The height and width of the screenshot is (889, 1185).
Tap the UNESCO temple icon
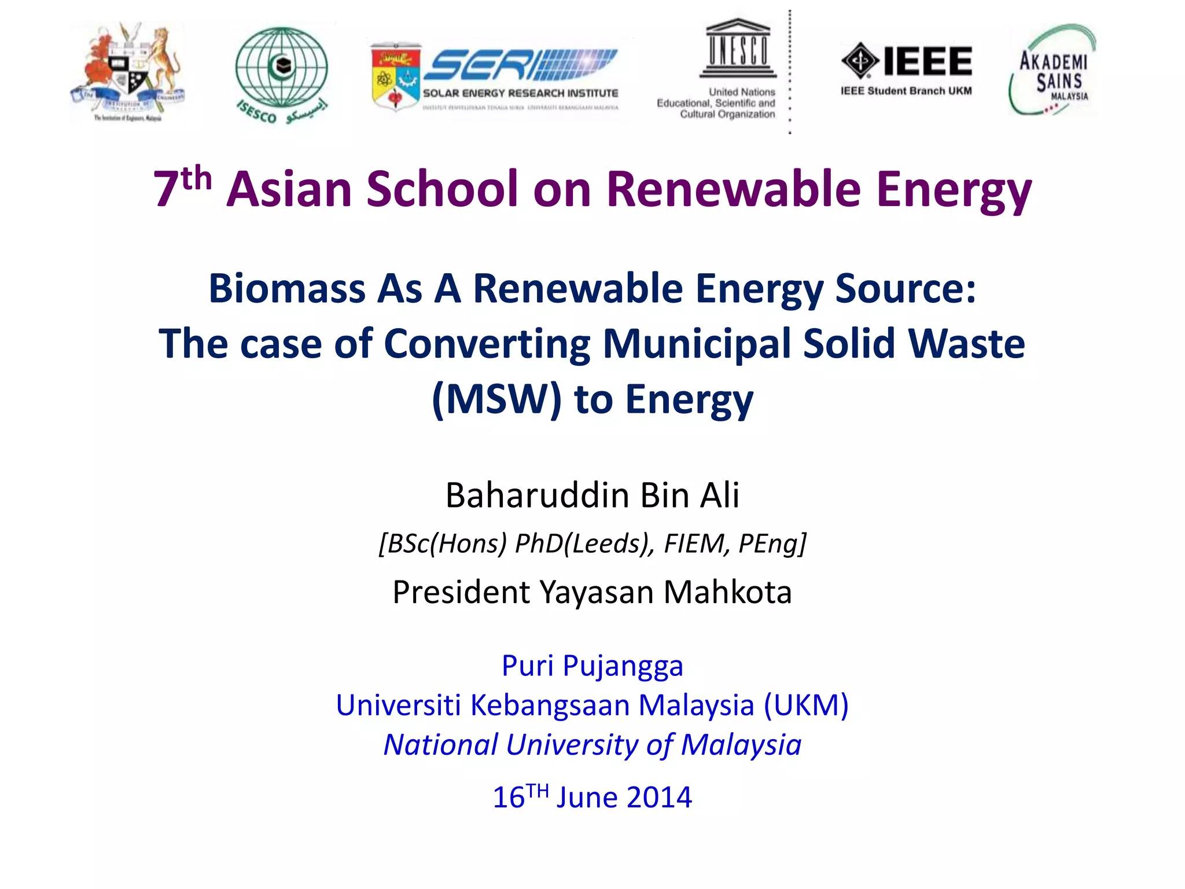738,49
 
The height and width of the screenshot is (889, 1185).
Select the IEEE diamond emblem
860,61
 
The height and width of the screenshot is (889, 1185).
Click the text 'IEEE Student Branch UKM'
906,91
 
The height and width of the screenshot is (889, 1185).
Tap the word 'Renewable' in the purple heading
733,189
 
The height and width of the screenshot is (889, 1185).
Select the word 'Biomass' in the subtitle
286,288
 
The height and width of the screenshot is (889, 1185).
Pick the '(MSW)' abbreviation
496,399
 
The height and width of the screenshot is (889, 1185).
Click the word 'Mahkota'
727,592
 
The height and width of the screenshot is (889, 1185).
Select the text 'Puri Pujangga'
592,666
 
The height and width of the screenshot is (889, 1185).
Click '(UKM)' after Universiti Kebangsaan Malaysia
806,705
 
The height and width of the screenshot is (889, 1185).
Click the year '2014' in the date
659,798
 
